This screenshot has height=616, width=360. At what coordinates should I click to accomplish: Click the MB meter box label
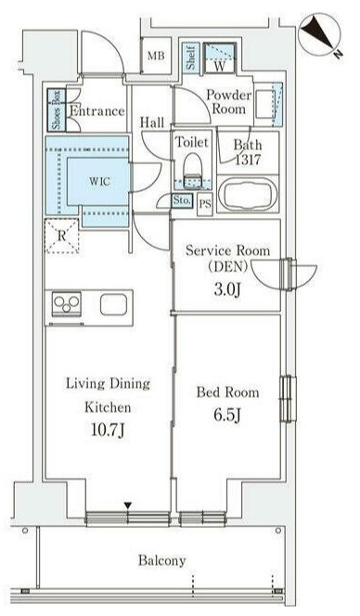point(156,56)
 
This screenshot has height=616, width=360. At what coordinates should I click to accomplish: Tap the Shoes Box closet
point(57,110)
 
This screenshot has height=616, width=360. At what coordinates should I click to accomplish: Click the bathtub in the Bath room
point(247,195)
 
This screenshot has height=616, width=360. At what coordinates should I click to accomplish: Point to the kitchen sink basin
point(113,305)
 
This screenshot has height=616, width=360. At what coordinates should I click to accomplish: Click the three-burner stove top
point(67,303)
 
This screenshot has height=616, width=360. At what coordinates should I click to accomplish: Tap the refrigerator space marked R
point(62,236)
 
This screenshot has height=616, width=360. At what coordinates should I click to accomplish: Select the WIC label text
point(99,182)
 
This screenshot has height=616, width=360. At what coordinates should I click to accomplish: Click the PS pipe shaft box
point(205,204)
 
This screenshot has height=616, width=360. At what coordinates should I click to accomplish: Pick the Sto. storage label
point(182,200)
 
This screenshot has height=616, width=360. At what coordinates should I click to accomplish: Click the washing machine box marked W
point(220,58)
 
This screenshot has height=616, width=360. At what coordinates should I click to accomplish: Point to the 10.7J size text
point(108,430)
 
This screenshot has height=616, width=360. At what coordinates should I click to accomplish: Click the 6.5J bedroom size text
point(226,416)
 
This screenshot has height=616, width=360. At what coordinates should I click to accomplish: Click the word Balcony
point(161,560)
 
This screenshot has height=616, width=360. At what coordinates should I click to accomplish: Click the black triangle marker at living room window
point(127,506)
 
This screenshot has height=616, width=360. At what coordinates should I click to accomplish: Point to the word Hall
point(152,122)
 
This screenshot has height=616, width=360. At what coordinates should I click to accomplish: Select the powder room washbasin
point(264,104)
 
